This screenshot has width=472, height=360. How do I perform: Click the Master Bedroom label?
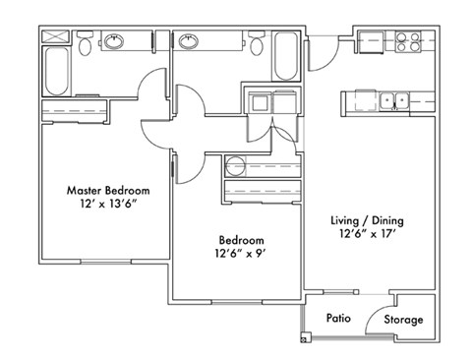click(x=108, y=190)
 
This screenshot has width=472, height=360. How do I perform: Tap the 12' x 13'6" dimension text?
click(x=108, y=206)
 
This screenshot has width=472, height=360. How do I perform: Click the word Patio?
click(x=340, y=319)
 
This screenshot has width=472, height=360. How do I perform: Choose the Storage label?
click(x=403, y=320)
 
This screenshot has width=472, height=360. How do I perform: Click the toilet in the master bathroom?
click(x=86, y=45)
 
